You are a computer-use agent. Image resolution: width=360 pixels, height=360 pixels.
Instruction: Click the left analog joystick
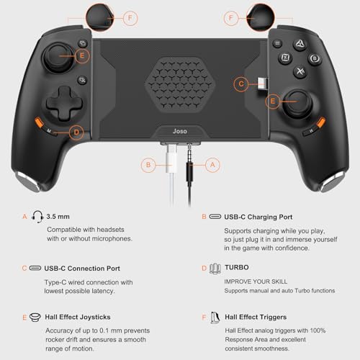58,58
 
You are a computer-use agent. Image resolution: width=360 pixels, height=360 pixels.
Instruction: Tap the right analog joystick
297,104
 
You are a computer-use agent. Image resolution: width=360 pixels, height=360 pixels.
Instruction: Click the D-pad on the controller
65,104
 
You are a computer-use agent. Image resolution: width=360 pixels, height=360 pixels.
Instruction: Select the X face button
300,71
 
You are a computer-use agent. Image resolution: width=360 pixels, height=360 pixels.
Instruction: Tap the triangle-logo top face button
300,44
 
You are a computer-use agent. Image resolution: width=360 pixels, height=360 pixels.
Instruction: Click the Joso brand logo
180,131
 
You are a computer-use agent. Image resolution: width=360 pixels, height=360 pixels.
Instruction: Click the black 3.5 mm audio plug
189,166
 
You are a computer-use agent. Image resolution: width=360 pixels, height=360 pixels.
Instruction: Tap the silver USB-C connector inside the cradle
262,84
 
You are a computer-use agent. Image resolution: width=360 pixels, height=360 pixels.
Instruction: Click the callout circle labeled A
212,165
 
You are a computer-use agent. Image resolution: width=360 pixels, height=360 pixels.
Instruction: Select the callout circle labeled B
148,165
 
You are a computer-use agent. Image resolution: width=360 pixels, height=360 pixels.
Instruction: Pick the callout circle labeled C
241,84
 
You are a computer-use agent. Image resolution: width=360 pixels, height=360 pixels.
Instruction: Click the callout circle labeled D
76,132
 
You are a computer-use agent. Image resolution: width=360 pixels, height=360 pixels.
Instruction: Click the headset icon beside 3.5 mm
37,217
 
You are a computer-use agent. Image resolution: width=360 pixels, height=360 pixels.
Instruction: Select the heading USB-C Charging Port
258,217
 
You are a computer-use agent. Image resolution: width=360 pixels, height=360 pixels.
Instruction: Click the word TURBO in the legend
237,267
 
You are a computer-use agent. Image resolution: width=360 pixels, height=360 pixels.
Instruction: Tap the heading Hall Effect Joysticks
78,317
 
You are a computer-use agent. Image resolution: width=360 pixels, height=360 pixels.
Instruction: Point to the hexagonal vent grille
180,84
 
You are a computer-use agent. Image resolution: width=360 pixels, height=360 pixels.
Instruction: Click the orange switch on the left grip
39,122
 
